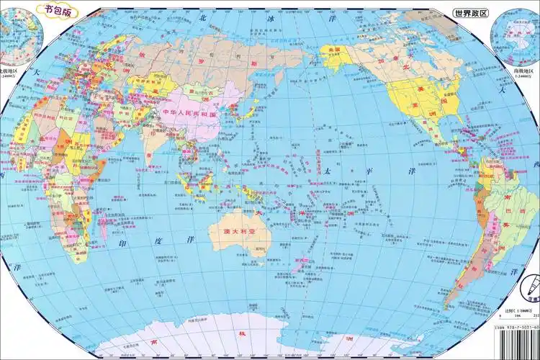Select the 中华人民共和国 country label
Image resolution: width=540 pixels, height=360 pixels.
coord(189,114)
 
